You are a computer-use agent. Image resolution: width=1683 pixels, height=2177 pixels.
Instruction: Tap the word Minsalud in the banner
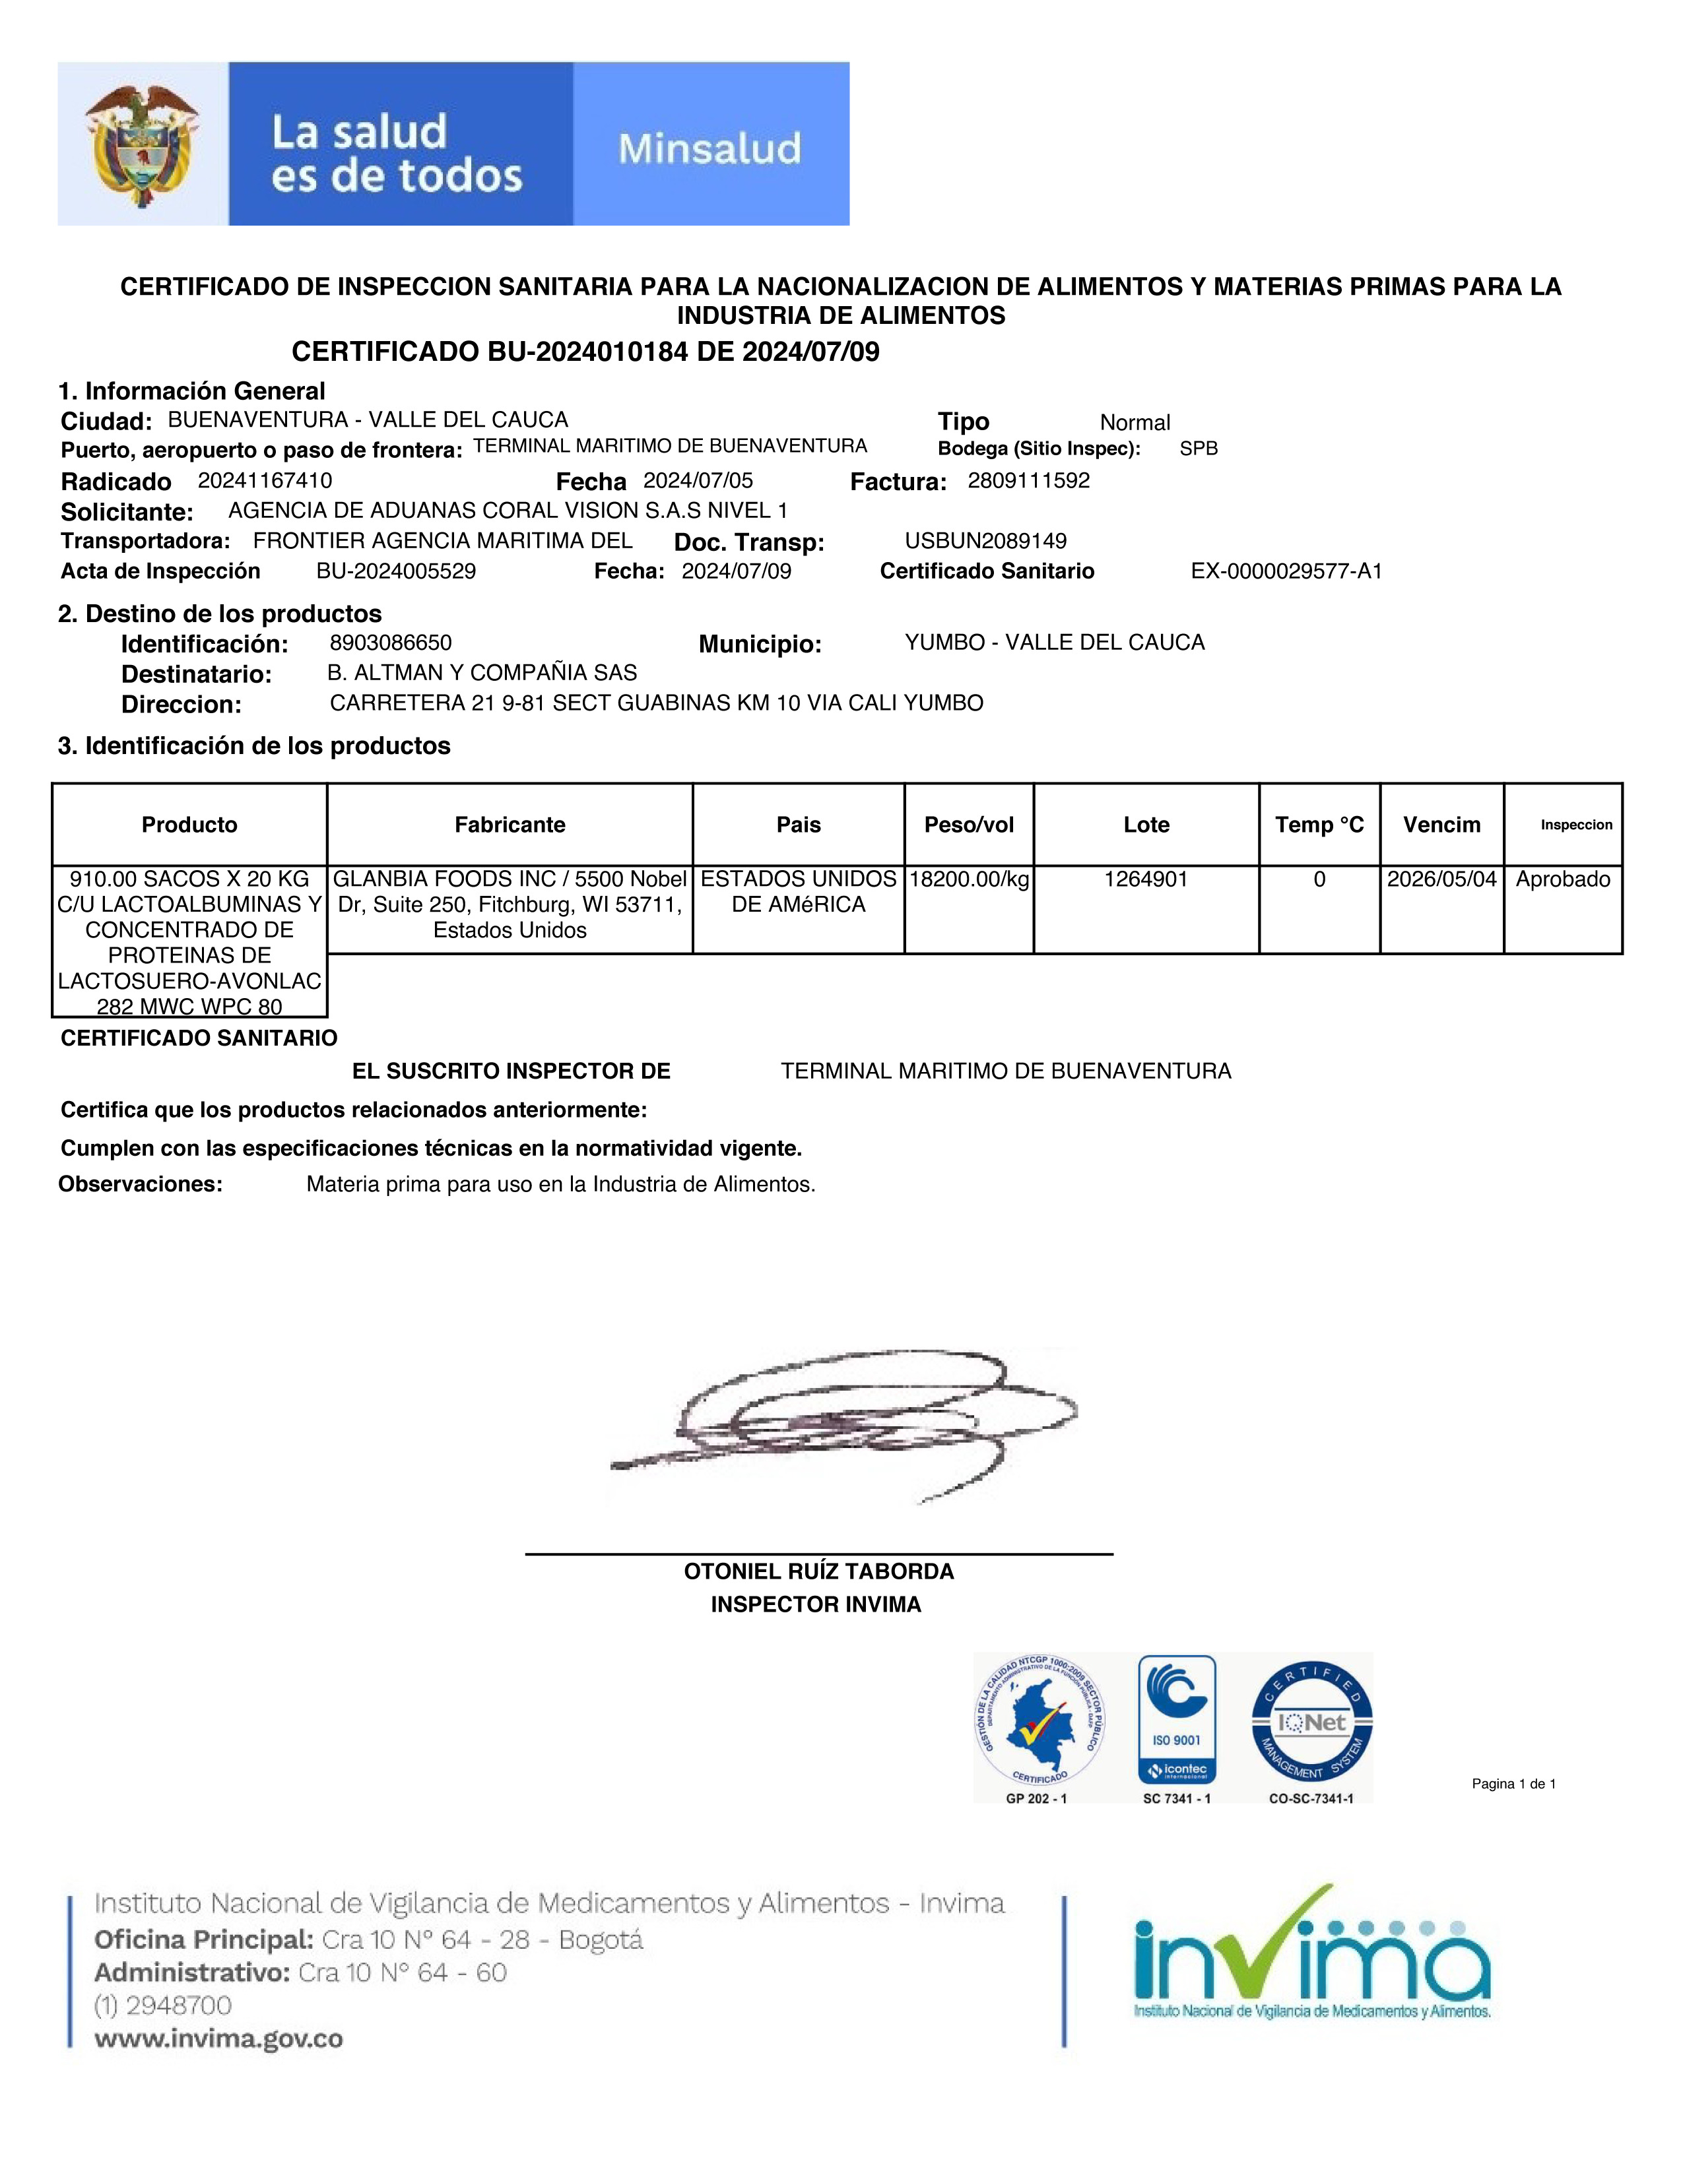tap(709, 148)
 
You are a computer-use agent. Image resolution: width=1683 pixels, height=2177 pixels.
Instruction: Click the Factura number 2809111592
tap(1028, 480)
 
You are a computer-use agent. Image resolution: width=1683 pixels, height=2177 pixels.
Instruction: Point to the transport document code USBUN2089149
tap(985, 541)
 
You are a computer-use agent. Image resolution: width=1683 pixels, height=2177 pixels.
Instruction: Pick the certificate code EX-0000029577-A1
tap(1286, 571)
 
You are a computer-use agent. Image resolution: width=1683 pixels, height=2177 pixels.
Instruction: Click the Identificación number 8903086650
tap(390, 643)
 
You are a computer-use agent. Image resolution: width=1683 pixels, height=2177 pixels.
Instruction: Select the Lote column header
tap(1146, 825)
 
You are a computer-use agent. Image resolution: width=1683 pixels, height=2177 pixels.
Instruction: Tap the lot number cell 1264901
tap(1146, 879)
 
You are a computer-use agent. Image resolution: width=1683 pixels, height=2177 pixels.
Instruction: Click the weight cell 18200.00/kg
tap(968, 879)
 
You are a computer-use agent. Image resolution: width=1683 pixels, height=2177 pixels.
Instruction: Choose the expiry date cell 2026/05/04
tap(1441, 879)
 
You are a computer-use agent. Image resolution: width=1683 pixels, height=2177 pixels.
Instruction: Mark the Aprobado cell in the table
tap(1562, 879)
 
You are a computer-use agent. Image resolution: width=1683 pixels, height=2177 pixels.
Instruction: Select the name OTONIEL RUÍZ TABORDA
tap(818, 1572)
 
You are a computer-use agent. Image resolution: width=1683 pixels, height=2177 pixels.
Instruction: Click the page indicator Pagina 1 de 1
tap(1513, 1784)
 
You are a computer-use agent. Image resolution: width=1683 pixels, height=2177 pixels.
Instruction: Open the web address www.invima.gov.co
tap(218, 2039)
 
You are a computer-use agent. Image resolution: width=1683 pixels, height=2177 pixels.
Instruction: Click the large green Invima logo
tap(1311, 1959)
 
